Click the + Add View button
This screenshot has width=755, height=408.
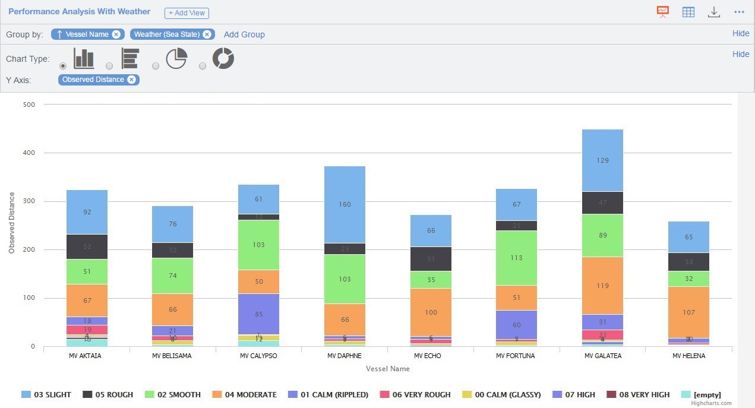187,13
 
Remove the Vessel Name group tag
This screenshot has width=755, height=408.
116,34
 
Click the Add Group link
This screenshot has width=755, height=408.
244,34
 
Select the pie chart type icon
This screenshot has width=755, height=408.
176,59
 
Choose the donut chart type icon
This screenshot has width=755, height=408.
223,59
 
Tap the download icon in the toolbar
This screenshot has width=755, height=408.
714,12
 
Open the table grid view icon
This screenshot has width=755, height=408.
688,12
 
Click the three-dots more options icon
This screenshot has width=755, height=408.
740,12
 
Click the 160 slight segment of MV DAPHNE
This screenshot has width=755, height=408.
345,205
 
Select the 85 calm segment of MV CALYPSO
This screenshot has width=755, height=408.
259,314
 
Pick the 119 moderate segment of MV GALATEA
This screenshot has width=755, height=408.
602,286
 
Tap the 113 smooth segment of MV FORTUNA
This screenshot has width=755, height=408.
517,258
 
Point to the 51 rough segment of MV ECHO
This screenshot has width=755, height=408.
431,259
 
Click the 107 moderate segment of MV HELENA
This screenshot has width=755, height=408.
688,312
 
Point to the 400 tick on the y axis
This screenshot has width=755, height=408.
29,153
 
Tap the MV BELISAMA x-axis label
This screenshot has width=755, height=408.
172,356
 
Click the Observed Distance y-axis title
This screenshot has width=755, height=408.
11,223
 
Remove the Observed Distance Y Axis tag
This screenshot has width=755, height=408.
131,80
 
